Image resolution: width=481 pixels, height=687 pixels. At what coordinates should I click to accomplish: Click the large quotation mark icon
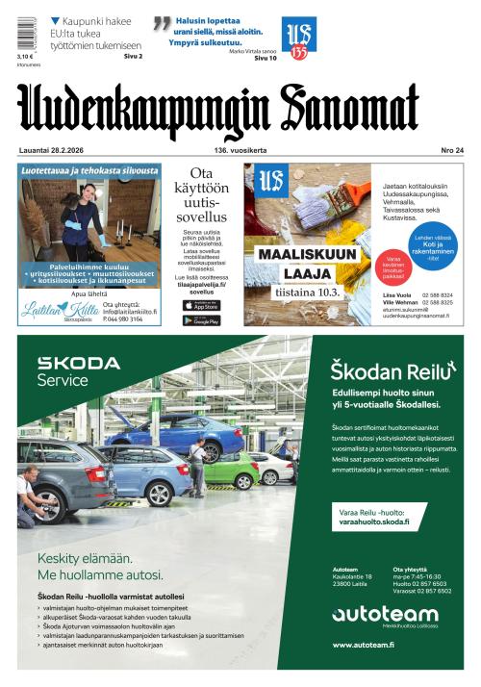[162, 24]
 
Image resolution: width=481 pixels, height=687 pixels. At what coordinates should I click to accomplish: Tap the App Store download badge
[201, 305]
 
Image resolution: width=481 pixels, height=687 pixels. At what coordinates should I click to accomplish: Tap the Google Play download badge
[201, 320]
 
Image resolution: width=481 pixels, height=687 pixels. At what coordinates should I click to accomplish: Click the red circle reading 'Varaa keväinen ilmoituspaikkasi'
[392, 263]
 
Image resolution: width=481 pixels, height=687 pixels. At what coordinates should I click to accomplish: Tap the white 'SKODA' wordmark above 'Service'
[79, 364]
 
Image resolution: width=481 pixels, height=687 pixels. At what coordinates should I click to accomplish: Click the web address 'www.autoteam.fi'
[364, 644]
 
